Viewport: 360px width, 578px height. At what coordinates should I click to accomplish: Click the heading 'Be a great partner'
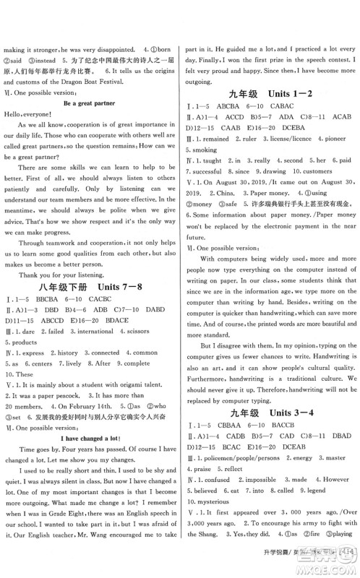[92, 103]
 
